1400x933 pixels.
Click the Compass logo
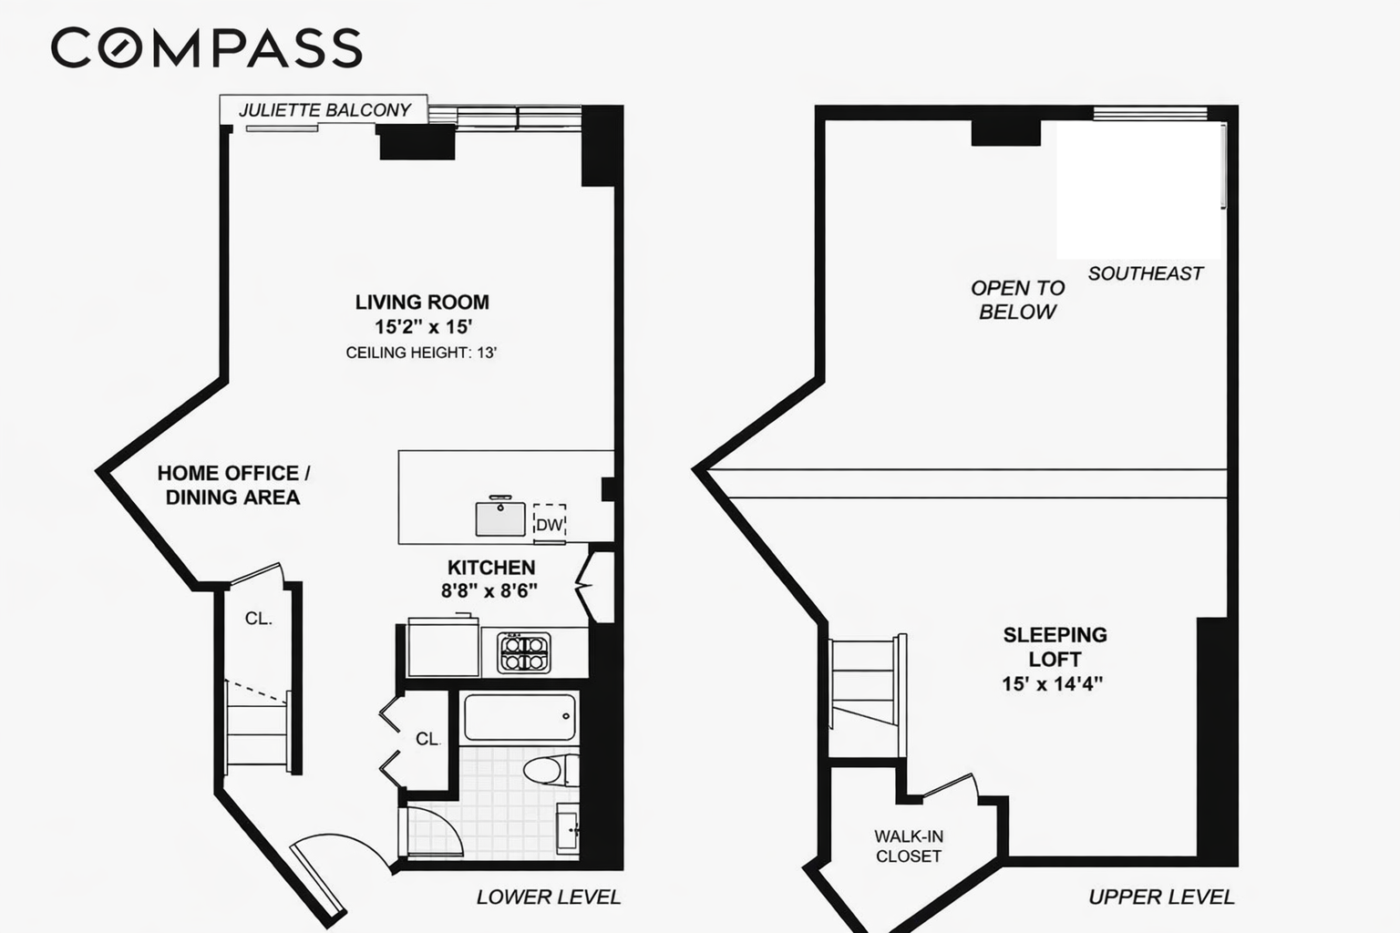[206, 47]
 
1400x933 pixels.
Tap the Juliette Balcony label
[324, 110]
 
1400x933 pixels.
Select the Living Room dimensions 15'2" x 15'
[422, 327]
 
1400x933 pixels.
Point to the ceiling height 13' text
[421, 353]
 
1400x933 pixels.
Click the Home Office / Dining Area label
[233, 485]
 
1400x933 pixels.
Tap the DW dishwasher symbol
[549, 524]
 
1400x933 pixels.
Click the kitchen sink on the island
[500, 518]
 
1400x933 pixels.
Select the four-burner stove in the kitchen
[524, 652]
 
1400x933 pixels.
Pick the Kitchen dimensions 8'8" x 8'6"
[489, 590]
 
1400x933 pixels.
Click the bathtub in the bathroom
[520, 717]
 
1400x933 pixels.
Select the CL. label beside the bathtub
[428, 739]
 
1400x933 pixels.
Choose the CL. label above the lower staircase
[258, 619]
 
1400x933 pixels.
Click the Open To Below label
[1017, 300]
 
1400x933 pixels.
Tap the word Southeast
[1145, 273]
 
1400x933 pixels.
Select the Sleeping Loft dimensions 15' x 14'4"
[1053, 683]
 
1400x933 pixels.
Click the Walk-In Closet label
[908, 846]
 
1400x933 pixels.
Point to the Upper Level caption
[1161, 897]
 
